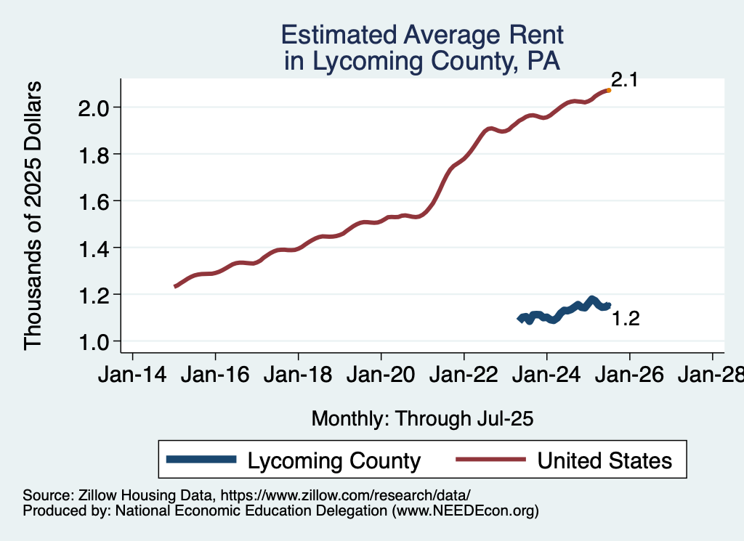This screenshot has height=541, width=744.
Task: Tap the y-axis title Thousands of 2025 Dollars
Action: [33, 216]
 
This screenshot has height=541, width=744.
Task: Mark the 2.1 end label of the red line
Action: [624, 81]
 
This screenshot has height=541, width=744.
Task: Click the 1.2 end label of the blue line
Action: [625, 319]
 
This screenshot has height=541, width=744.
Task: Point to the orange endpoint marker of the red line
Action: [608, 90]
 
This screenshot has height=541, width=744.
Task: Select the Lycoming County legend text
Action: [334, 460]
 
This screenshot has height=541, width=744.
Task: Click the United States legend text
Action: [604, 460]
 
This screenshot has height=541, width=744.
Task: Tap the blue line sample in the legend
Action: [201, 460]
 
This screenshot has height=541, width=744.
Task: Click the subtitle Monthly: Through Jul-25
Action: [422, 419]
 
